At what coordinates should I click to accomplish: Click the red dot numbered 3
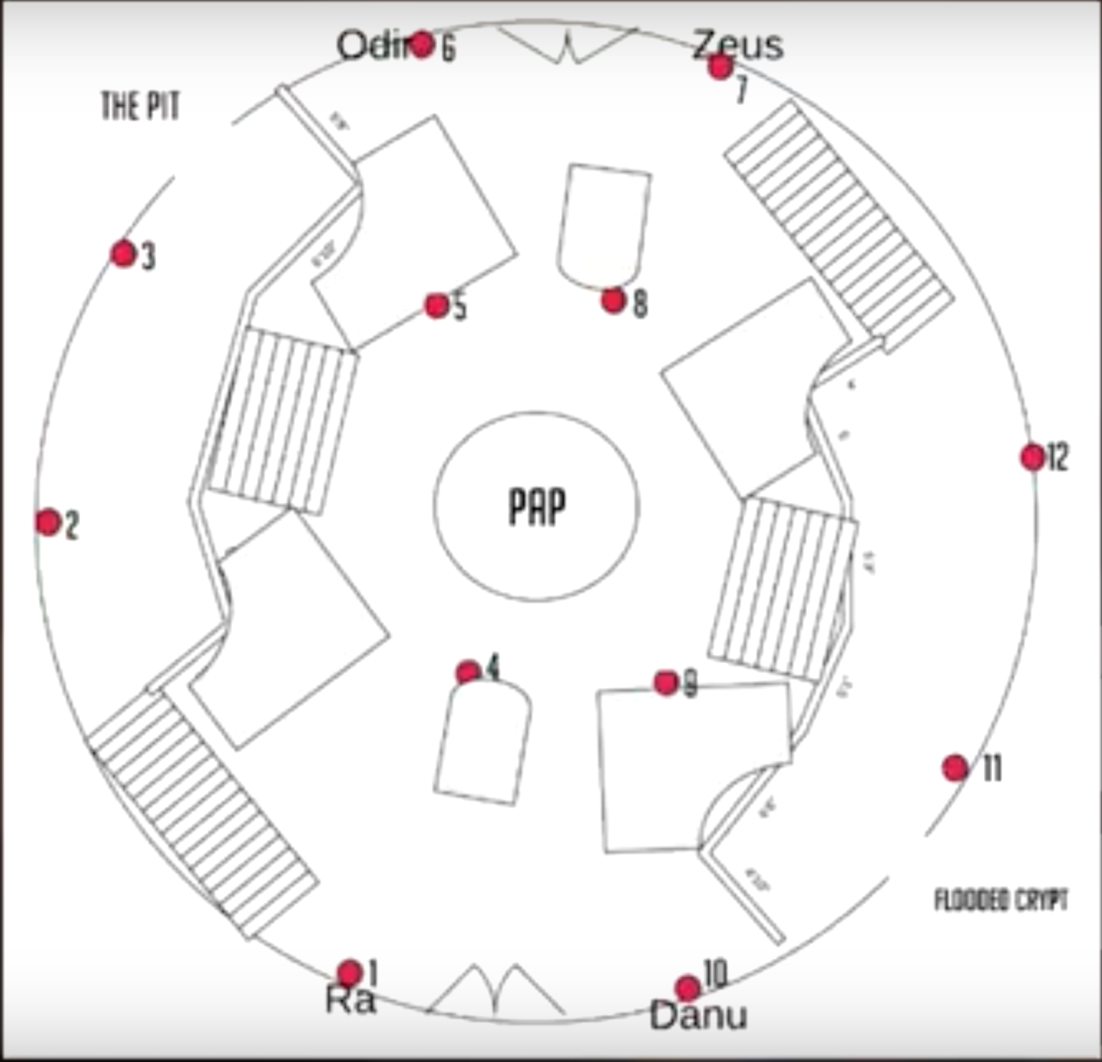tap(123, 254)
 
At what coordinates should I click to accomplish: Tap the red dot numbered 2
tap(49, 522)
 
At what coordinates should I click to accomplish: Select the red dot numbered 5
tap(436, 306)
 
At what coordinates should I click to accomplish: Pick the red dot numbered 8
tap(613, 301)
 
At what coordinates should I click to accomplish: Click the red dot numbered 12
tap(1032, 457)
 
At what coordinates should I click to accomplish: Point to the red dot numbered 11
tap(955, 768)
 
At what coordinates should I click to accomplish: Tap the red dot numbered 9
tap(666, 682)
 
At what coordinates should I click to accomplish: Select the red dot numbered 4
tap(468, 672)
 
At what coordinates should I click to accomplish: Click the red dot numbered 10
tap(687, 987)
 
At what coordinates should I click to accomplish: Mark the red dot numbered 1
tap(349, 973)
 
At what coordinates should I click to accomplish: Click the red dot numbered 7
tap(720, 67)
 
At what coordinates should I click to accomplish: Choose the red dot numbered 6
tap(422, 44)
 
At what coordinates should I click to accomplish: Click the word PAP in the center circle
tap(537, 506)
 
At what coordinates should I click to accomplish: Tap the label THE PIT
tap(140, 107)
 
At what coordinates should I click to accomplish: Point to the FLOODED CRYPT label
tap(1000, 899)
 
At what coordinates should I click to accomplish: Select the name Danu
tap(698, 1015)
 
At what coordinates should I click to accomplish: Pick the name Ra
tap(350, 1000)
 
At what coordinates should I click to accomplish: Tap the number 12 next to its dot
tap(1057, 457)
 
